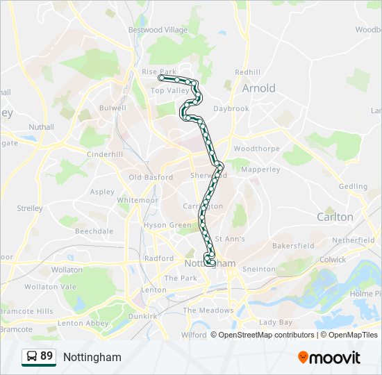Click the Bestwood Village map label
(158, 30)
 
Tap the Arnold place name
(258, 88)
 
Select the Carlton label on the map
(335, 217)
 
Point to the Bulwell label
(113, 108)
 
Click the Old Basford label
(151, 177)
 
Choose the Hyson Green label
(167, 225)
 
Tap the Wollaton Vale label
(50, 286)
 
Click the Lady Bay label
(276, 322)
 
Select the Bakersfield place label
(292, 245)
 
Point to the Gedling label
(353, 186)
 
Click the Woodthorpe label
(256, 149)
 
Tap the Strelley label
(30, 208)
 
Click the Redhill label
(247, 72)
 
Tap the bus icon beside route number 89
(31, 357)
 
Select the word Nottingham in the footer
(92, 357)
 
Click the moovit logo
(329, 357)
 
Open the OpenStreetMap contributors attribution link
(266, 335)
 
